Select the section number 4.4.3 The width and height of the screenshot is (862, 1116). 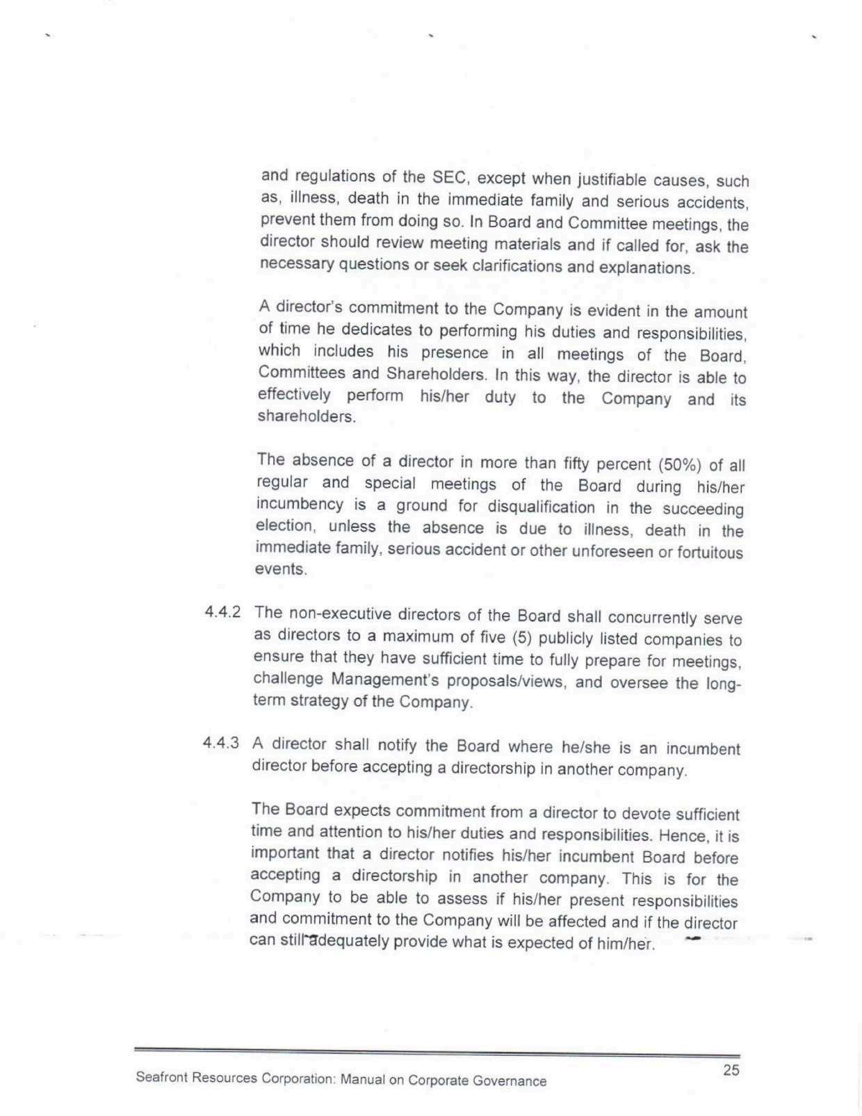coord(221,742)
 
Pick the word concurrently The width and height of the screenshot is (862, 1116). coord(652,618)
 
